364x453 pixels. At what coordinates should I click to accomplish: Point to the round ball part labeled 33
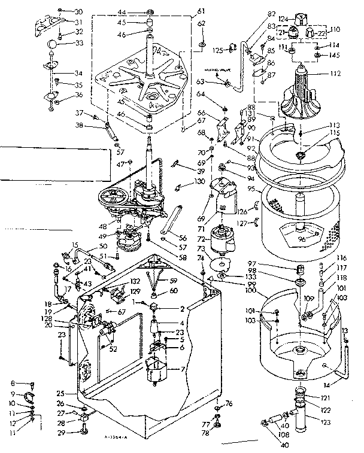tap(53, 43)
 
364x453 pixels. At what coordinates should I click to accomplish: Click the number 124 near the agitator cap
tap(283, 19)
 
